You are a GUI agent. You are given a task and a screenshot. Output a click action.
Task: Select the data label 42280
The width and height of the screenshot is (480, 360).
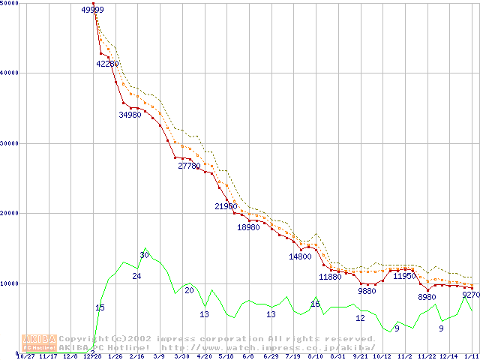tap(107, 64)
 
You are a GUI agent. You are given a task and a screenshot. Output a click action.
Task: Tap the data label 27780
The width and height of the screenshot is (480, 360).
tap(189, 166)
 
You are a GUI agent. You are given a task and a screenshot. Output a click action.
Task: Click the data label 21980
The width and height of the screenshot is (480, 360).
tap(226, 205)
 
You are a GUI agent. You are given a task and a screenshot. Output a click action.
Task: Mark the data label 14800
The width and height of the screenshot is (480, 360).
tap(300, 256)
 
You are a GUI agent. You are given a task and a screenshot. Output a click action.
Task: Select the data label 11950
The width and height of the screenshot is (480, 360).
tap(404, 276)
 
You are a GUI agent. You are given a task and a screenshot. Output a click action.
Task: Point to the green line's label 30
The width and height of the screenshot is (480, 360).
tap(145, 255)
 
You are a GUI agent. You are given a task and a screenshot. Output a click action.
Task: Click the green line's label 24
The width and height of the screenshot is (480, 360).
tap(136, 276)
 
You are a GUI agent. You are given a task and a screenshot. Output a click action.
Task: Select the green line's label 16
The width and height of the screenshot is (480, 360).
tap(315, 304)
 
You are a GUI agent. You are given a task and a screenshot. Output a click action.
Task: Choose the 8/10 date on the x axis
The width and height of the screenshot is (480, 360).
tap(315, 356)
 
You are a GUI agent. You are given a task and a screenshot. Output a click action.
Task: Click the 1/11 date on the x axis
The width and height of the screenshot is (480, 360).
tap(471, 356)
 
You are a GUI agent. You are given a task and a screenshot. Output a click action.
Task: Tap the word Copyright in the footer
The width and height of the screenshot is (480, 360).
tap(84, 339)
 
